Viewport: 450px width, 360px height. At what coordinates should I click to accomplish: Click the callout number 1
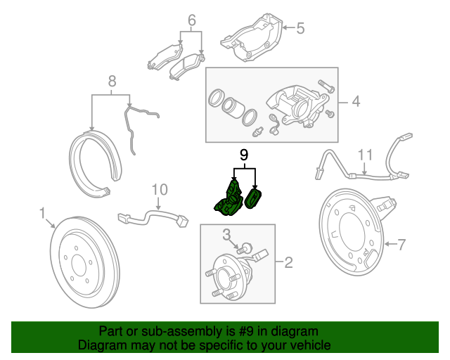(x=42, y=212)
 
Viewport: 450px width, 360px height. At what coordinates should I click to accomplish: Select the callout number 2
(x=288, y=263)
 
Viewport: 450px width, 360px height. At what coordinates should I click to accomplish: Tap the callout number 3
(x=227, y=234)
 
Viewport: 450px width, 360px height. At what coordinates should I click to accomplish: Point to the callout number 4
(x=355, y=102)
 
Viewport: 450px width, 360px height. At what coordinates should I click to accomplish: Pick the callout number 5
(x=300, y=28)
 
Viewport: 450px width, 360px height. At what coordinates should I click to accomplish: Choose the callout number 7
(x=401, y=245)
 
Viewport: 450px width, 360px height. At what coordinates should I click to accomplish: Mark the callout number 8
(x=110, y=82)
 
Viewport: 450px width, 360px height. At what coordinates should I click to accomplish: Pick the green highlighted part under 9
(x=237, y=198)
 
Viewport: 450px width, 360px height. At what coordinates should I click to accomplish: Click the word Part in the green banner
(x=112, y=331)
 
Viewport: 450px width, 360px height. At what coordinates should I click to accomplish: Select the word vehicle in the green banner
(x=309, y=346)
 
